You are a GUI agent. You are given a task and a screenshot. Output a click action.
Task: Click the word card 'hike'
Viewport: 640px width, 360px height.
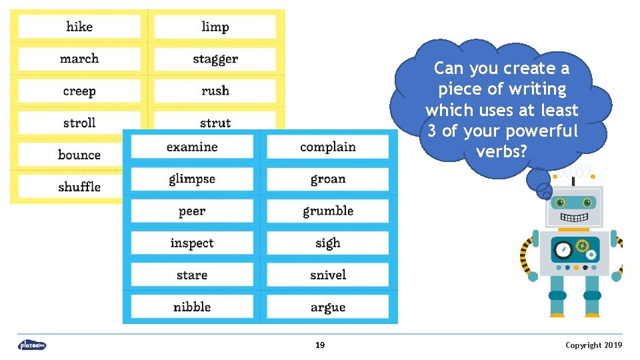(79, 27)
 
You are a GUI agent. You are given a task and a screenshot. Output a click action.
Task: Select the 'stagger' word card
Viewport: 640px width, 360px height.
(215, 59)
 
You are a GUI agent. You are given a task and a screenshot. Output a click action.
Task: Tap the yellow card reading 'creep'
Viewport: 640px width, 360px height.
(79, 91)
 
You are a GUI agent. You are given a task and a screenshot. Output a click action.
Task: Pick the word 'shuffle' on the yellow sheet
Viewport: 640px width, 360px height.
(79, 187)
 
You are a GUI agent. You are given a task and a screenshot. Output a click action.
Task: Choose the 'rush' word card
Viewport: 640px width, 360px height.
(215, 91)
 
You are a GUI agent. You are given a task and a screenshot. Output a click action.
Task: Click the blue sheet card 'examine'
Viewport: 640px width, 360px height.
(192, 147)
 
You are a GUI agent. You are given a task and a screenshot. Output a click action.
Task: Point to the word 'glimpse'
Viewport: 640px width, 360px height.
(192, 179)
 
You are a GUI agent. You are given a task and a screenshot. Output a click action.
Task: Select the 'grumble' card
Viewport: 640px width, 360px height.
(327, 211)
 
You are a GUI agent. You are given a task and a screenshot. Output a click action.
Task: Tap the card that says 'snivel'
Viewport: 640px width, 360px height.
(327, 275)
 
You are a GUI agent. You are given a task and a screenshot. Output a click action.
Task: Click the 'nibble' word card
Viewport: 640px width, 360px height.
(192, 307)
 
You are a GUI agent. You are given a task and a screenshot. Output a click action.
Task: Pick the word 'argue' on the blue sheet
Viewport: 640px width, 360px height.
(327, 307)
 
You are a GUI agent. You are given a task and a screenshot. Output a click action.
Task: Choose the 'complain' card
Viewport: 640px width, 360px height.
(327, 147)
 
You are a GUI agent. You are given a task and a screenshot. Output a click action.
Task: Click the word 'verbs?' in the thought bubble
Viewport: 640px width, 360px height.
(501, 152)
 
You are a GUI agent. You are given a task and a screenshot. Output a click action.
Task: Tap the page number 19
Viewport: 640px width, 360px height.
(320, 345)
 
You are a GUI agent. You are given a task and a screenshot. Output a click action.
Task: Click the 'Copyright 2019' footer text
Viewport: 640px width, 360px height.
(593, 345)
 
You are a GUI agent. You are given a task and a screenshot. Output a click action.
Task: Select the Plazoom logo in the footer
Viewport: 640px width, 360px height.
(32, 345)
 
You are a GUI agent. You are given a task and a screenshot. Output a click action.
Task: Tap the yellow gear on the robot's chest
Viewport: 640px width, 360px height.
(582, 246)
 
